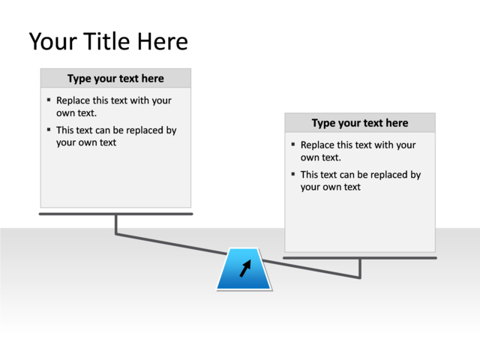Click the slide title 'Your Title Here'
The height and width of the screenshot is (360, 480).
(x=108, y=41)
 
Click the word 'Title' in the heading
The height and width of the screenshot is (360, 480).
(x=107, y=41)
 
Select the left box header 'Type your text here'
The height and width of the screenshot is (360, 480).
(x=115, y=79)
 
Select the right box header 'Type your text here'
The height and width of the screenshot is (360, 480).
(x=360, y=123)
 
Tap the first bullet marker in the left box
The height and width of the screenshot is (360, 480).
(x=49, y=100)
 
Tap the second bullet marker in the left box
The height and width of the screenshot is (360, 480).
(x=49, y=130)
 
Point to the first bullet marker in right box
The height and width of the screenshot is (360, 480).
(x=293, y=144)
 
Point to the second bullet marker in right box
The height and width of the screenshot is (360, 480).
(x=293, y=174)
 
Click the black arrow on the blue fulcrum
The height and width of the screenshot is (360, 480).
(x=245, y=268)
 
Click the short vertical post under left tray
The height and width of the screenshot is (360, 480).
(x=116, y=223)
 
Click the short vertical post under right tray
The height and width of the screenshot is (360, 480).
(x=360, y=268)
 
